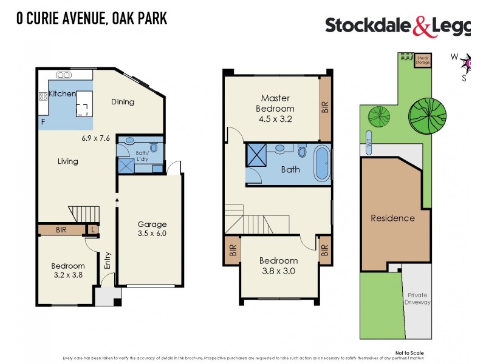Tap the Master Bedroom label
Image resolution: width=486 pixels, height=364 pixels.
pyautogui.click(x=275, y=108)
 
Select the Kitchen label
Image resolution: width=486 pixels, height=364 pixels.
pyautogui.click(x=62, y=94)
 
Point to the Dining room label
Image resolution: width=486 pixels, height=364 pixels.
pyautogui.click(x=123, y=102)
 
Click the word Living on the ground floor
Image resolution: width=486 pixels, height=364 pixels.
pyautogui.click(x=68, y=161)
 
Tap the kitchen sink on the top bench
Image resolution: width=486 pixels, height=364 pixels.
pyautogui.click(x=63, y=75)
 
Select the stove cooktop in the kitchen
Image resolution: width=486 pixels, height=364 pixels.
pyautogui.click(x=43, y=96)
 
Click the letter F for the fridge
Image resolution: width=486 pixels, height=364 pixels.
pyautogui.click(x=43, y=123)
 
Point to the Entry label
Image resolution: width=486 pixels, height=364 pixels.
pyautogui.click(x=108, y=260)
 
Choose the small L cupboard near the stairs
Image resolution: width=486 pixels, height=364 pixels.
pyautogui.click(x=92, y=229)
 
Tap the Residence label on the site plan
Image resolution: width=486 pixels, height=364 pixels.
pyautogui.click(x=392, y=218)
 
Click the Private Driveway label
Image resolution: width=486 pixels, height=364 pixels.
pyautogui.click(x=418, y=298)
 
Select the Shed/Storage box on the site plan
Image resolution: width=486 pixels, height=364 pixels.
pyautogui.click(x=422, y=59)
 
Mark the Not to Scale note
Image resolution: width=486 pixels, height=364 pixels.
pyautogui.click(x=409, y=352)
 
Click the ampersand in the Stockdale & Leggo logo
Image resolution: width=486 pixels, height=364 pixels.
pyautogui.click(x=421, y=26)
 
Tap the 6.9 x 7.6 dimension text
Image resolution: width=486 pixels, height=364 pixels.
pyautogui.click(x=96, y=138)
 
